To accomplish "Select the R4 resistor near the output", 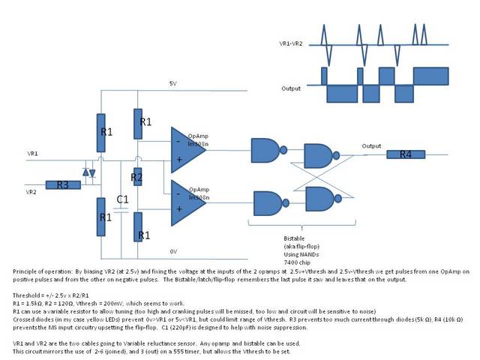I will (x=406, y=154).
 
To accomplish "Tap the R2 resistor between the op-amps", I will (x=136, y=178).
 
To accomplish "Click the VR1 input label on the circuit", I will (x=33, y=154).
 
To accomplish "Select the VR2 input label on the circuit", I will (x=33, y=192).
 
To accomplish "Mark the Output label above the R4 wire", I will (x=371, y=146).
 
